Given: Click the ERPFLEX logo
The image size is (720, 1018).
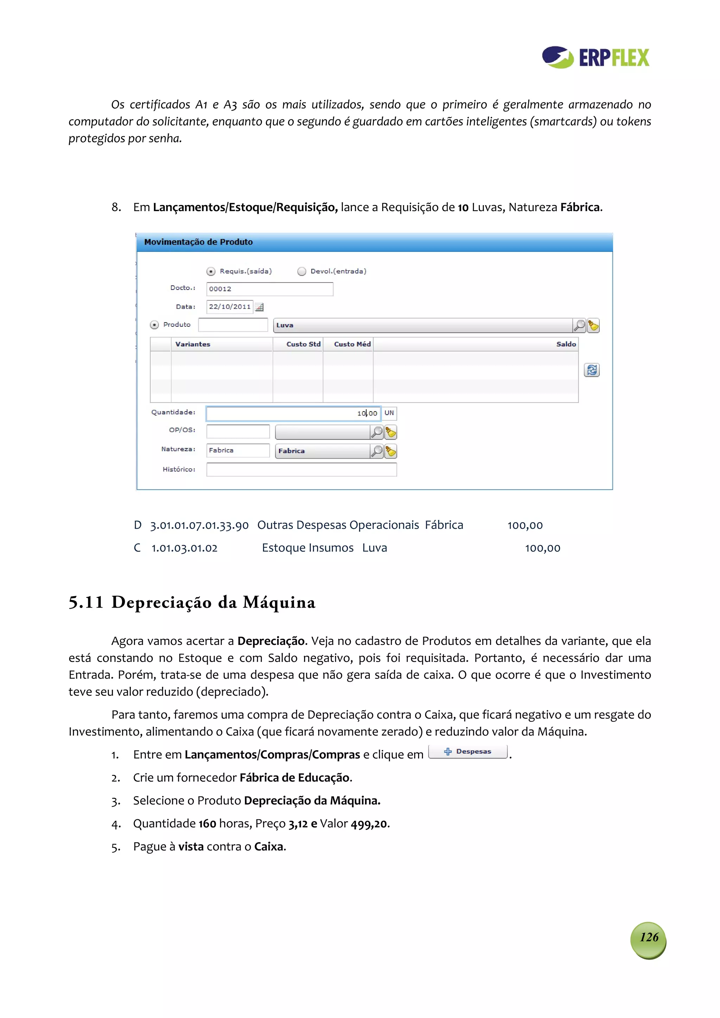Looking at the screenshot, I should pos(595,57).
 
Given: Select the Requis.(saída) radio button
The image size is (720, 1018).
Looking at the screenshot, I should pos(211,271).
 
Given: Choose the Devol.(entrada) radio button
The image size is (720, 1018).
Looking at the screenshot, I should pos(302,271).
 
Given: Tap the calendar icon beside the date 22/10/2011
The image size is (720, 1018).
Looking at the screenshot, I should pos(260,307).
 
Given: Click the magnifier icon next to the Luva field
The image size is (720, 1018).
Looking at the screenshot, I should pos(579,325).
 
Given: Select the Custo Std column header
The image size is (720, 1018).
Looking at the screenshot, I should pos(303,344).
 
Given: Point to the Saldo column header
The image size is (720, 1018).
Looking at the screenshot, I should pos(566,344).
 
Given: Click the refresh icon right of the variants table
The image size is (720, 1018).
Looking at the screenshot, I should pos(591,370).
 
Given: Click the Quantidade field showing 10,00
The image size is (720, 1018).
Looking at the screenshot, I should pos(293,413).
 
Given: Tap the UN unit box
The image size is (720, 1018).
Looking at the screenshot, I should pos(389,413).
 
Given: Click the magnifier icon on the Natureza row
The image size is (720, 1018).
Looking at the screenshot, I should pos(376,451).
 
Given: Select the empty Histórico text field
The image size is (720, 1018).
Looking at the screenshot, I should pos(301,469).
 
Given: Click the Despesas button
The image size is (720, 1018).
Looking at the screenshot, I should pos(468,752).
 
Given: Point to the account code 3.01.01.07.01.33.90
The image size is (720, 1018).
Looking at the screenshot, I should pos(199,526).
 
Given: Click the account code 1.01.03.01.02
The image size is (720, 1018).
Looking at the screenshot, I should pos(184,549).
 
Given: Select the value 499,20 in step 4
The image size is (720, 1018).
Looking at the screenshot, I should pos(369,824).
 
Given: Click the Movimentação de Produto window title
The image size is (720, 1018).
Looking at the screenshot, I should pos(198,242).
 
